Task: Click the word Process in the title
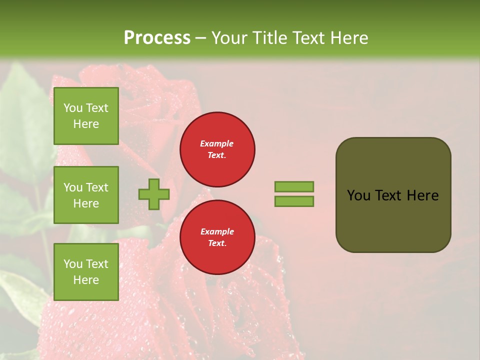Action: (x=157, y=38)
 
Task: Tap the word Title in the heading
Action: (x=268, y=38)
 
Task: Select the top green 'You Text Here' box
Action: (x=86, y=116)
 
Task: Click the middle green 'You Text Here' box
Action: (x=86, y=195)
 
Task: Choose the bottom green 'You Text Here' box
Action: (x=86, y=272)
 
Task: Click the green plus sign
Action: (x=154, y=194)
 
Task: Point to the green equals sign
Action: (x=294, y=194)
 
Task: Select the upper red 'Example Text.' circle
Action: (x=217, y=149)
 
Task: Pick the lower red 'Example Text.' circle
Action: (x=217, y=237)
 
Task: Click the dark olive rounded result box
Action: (x=393, y=195)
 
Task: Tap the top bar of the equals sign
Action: (x=294, y=186)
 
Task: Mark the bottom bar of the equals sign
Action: (x=294, y=201)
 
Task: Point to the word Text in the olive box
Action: (x=388, y=195)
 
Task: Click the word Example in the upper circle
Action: (x=217, y=143)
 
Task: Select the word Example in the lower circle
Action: (x=217, y=231)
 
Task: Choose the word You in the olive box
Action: (x=358, y=195)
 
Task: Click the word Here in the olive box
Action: (x=422, y=195)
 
